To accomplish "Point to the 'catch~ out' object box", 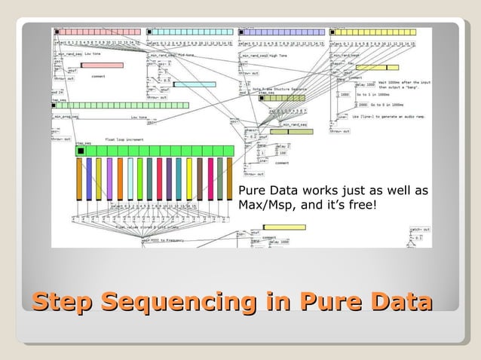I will pyautogui.click(x=420, y=229).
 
